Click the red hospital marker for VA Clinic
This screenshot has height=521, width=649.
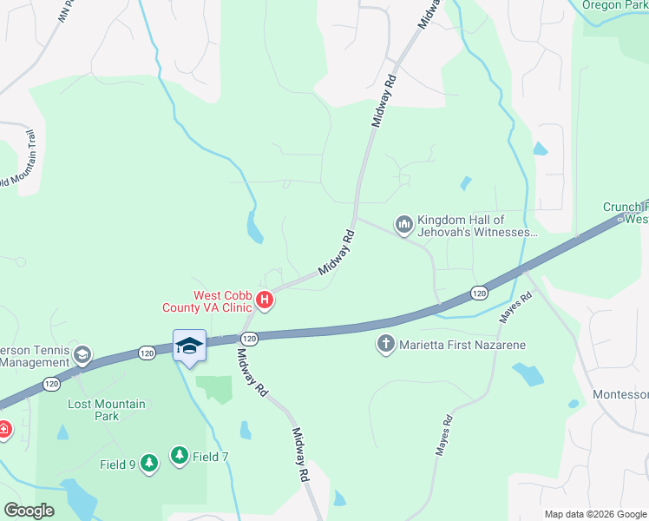(x=265, y=302)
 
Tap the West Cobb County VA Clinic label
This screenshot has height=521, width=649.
(x=212, y=300)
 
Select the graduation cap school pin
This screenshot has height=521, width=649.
(x=189, y=346)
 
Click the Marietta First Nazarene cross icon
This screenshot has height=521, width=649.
(x=386, y=345)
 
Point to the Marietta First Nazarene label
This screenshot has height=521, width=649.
(x=462, y=345)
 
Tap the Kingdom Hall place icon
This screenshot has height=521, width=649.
(x=403, y=226)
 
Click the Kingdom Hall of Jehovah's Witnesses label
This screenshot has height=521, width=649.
(x=477, y=226)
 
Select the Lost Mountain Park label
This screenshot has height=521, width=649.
(x=107, y=410)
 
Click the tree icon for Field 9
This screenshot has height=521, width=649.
(x=149, y=464)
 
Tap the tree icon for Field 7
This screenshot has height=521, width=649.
(x=180, y=455)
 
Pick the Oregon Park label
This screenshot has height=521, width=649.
(x=614, y=4)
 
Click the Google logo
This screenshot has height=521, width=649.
(x=29, y=510)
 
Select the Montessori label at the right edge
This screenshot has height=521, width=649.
(x=620, y=394)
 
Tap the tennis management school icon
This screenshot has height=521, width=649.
(x=82, y=354)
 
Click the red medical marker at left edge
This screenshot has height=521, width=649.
(x=3, y=429)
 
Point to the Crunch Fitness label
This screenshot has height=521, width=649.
(x=626, y=213)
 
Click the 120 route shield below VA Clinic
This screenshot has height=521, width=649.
(x=249, y=337)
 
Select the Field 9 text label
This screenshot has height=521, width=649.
(x=118, y=465)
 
